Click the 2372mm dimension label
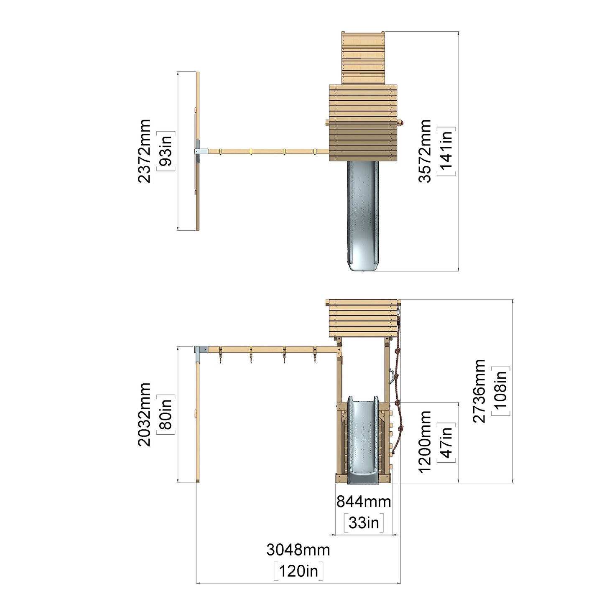tap(145, 151)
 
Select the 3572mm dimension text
tap(425, 151)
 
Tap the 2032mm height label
tap(145, 414)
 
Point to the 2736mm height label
tap(479, 391)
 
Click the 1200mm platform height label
tap(425, 441)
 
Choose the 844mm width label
tap(364, 502)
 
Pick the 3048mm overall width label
tap(298, 550)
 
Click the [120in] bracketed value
tap(298, 571)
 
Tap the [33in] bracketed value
tap(364, 523)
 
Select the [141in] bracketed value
tap(446, 151)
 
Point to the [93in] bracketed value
tap(166, 151)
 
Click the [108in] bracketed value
tap(501, 391)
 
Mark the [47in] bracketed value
tap(446, 442)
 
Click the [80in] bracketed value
tap(166, 414)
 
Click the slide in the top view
tap(363, 216)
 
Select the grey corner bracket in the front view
tap(201, 354)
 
